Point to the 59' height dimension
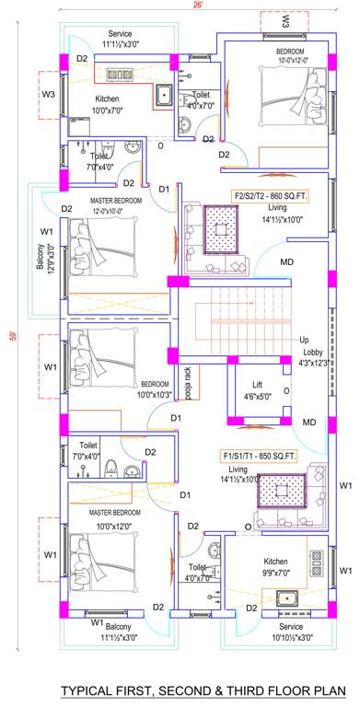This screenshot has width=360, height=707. (12, 334)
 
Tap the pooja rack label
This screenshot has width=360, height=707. (187, 378)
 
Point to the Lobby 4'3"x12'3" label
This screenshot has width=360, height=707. (308, 356)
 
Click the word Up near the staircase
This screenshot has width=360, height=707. (305, 340)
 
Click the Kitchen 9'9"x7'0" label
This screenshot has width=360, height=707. (276, 566)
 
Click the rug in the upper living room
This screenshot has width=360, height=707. (221, 231)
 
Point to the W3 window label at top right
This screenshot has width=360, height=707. (285, 18)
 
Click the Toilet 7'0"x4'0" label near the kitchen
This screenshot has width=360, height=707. (99, 162)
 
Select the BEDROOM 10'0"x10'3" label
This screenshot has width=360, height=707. (154, 388)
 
